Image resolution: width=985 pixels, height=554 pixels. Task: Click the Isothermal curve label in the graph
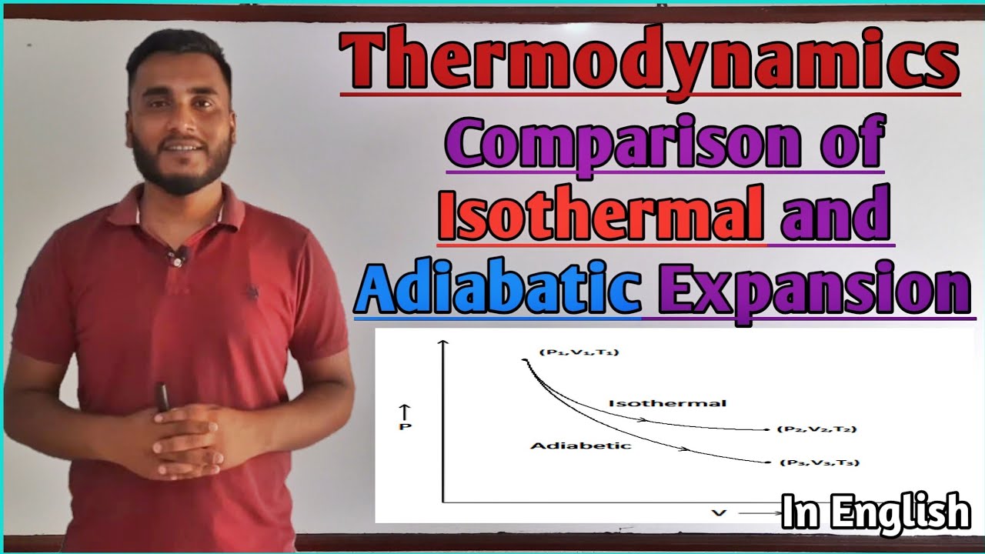pyautogui.click(x=667, y=403)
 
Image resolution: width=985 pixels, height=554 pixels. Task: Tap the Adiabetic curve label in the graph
pyautogui.click(x=569, y=446)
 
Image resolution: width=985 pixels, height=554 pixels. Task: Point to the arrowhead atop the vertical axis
pyautogui.click(x=442, y=344)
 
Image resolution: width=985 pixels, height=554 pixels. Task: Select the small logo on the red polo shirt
pyautogui.click(x=251, y=292)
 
